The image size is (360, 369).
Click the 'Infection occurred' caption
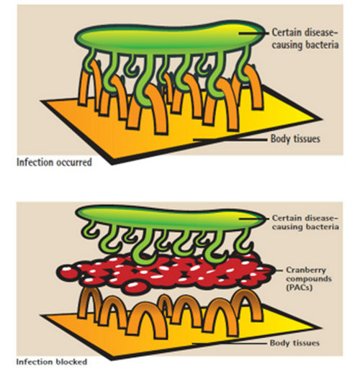(54, 163)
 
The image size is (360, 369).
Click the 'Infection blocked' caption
(51, 362)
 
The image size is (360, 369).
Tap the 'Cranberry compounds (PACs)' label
(309, 278)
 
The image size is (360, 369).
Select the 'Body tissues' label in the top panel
(295, 139)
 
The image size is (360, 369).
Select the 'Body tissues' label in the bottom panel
(294, 343)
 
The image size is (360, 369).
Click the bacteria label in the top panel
(305, 39)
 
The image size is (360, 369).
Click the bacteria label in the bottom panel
(305, 222)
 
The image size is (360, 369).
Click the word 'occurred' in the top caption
(73, 163)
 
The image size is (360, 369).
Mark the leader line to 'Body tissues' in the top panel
(230, 140)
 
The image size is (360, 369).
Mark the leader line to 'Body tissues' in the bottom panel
(230, 343)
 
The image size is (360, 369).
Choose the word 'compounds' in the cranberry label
(309, 279)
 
